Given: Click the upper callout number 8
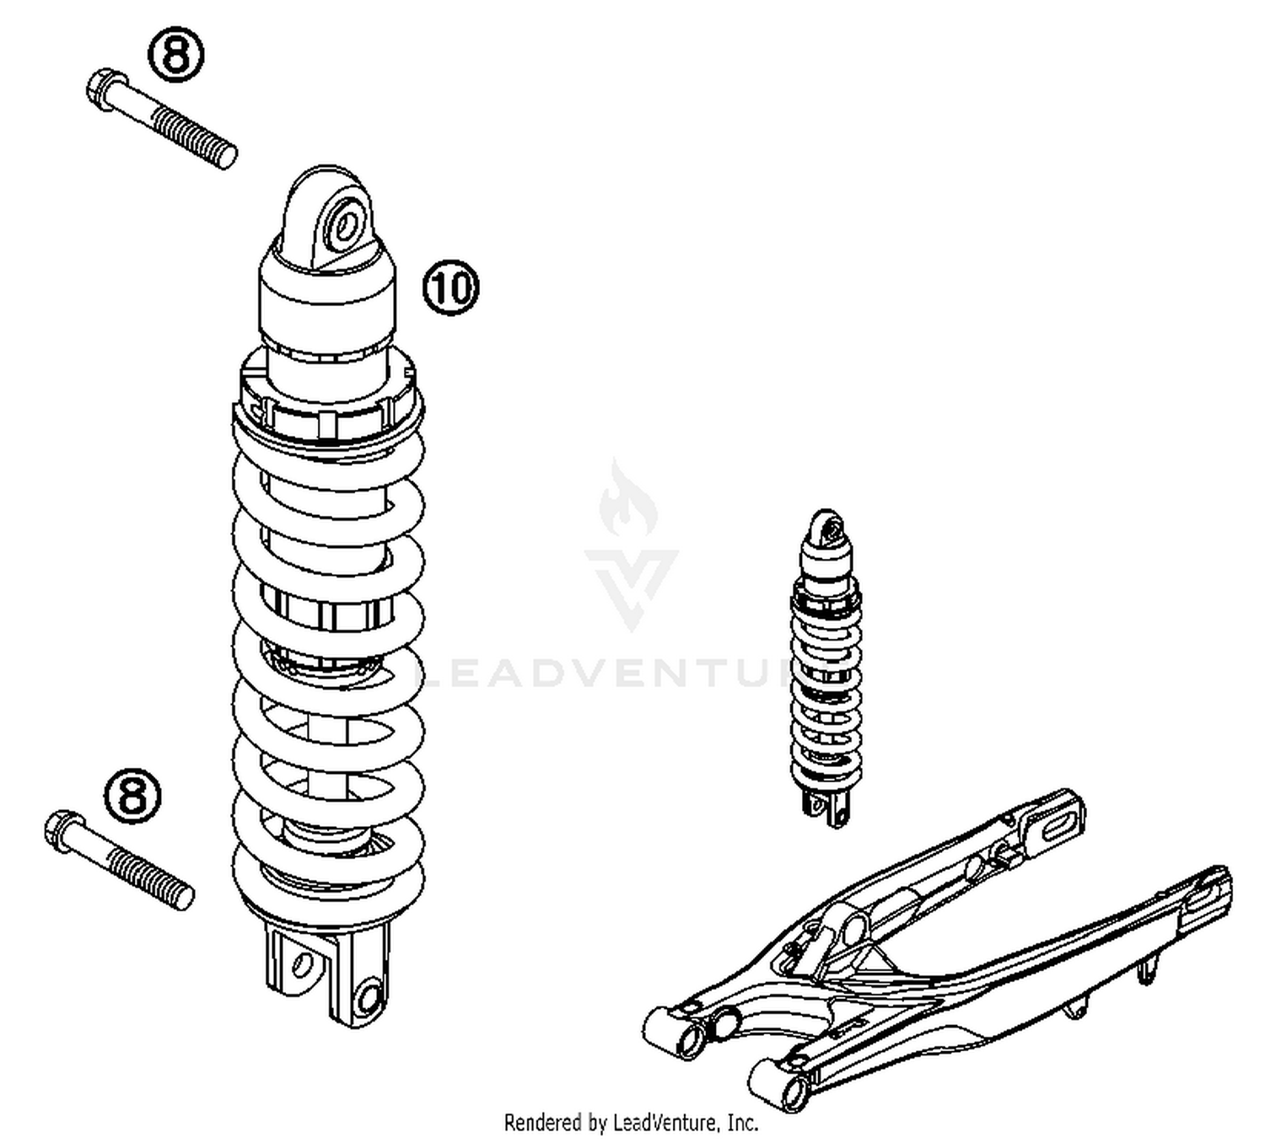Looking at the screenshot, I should click(176, 56).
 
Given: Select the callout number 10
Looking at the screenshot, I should click(450, 287).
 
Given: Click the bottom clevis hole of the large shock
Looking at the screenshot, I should click(368, 997).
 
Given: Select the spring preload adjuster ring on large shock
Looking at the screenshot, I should click(329, 396).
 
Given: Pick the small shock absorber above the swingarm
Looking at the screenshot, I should click(826, 666).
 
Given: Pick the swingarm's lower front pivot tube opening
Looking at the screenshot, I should click(794, 1092).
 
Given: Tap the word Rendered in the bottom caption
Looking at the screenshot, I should click(542, 1123).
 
